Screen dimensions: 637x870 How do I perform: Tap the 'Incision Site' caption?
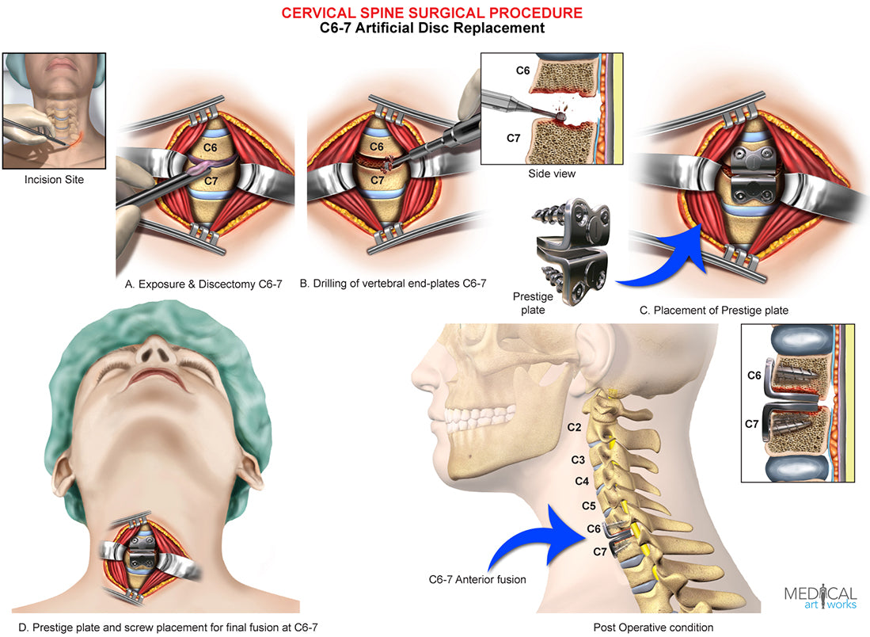55,180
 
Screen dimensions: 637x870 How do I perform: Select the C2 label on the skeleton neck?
576,428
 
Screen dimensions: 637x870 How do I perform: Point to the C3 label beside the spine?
579,460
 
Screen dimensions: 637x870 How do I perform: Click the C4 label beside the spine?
583,481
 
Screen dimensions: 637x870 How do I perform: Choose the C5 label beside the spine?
588,505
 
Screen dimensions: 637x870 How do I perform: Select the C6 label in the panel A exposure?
208,147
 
